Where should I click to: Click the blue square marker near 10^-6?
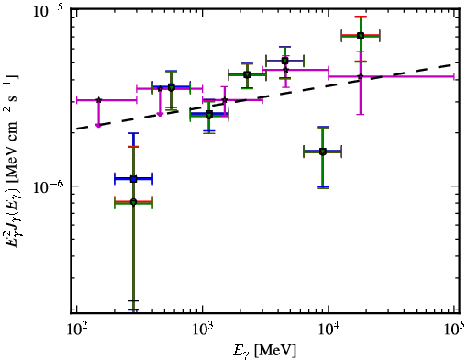coord(133,179)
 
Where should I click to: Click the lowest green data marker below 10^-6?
coord(133,202)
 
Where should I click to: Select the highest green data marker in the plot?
coord(361,36)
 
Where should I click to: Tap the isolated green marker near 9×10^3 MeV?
coord(322,152)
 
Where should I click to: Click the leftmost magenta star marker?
coord(98,100)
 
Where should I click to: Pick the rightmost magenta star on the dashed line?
coord(361,76)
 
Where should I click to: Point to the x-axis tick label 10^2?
coord(76,330)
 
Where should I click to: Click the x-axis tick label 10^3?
coord(202,330)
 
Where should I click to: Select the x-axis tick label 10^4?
coord(329,330)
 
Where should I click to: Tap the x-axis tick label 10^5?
coord(454,329)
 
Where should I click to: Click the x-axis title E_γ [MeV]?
coord(265,351)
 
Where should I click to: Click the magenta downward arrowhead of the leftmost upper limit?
coord(98,125)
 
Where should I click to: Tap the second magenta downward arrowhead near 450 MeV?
coord(160,114)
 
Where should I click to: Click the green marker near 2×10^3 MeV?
coord(247,75)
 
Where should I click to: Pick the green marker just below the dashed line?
coord(209,116)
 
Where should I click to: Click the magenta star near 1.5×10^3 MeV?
coord(225,100)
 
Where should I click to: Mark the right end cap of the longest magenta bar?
coord(454,76)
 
